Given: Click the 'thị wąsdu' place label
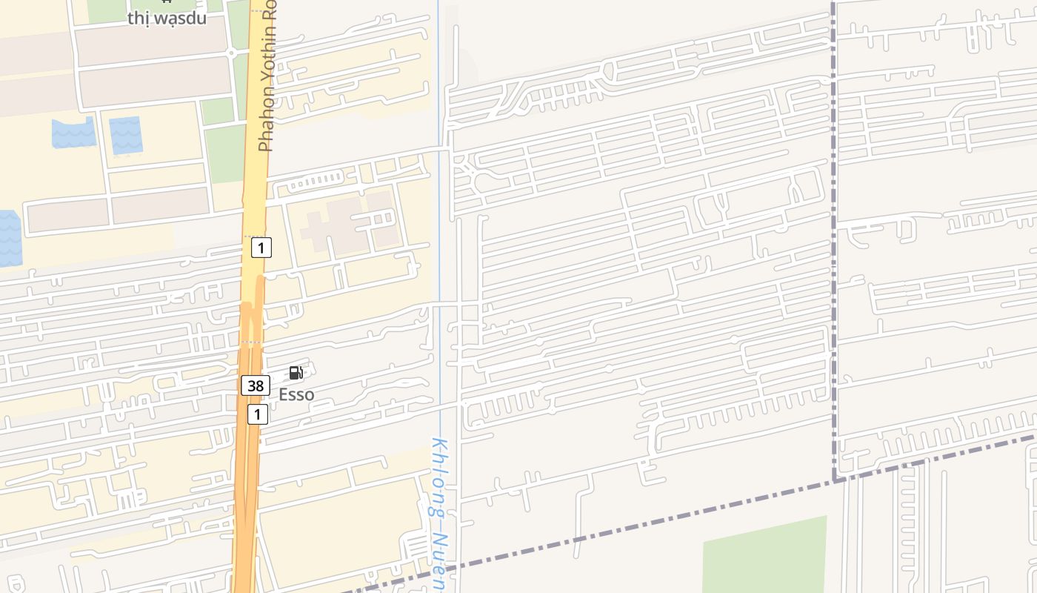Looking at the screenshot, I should pos(167,18).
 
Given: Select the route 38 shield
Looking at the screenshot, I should pos(255,385).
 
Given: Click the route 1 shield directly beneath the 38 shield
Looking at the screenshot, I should pos(257,414).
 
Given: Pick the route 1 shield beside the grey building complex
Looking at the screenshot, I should pos(261,247).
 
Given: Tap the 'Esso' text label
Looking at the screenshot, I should pos(296,394).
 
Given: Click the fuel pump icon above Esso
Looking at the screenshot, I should pos(296,373).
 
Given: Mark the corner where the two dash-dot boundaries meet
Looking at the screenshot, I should pos(835,480).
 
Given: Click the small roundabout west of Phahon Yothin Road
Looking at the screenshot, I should pos(232,52).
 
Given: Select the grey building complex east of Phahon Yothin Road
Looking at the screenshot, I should pos(348,222).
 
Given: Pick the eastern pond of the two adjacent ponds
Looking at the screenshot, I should pos(125,136).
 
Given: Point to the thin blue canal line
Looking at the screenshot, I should pos(439,222).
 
